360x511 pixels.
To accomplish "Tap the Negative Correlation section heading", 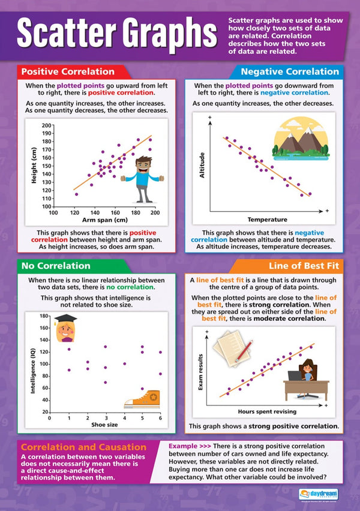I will tap(289, 71).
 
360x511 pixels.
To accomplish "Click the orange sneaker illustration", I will tap(143, 398).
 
